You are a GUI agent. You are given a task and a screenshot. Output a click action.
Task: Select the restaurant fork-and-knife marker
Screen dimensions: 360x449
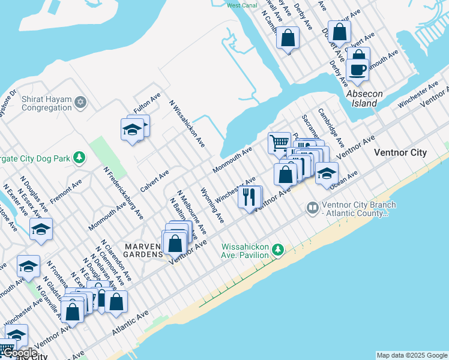point(249,197)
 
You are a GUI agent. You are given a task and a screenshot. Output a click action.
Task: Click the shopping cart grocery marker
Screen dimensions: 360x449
point(278,143)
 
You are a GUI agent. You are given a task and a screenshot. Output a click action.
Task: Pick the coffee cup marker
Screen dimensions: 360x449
point(358,70)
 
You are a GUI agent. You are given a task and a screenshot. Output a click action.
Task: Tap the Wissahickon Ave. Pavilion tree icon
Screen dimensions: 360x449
point(277,249)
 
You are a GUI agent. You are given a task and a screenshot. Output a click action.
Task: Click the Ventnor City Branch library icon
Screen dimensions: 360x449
point(312,209)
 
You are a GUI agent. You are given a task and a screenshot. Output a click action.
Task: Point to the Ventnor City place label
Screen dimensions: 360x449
point(400,152)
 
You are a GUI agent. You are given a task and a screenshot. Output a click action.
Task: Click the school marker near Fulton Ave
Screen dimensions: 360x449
point(132,129)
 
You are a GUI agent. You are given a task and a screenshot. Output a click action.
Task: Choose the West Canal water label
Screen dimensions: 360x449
point(242,5)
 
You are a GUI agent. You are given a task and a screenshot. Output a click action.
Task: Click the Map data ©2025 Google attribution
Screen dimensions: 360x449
point(412,355)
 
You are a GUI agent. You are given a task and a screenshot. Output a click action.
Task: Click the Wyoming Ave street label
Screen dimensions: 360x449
point(212,205)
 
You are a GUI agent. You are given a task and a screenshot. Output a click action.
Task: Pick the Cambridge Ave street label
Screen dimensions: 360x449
point(331,128)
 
